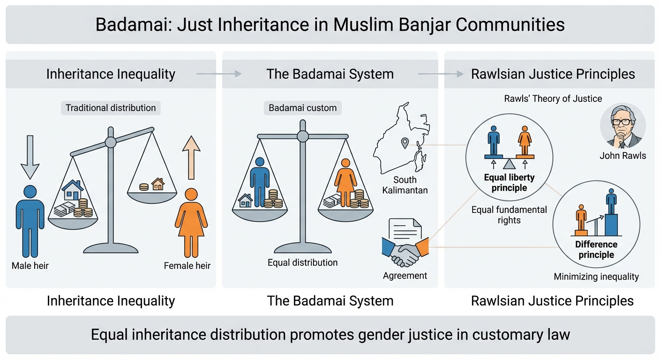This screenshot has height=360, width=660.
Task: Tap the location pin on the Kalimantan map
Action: coord(403,142)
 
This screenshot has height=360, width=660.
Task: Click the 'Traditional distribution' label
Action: coord(111,108)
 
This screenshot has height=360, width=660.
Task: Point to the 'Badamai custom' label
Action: coord(302,108)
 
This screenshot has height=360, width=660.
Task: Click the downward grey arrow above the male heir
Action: coord(30,157)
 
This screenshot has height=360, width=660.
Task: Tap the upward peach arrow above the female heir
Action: coord(191,157)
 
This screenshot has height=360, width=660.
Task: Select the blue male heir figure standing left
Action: coord(30,220)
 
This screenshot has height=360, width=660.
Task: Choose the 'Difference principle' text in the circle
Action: coord(596,250)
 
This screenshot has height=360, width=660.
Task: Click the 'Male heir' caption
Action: coord(30,266)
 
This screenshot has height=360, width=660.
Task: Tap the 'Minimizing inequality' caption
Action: coord(596,277)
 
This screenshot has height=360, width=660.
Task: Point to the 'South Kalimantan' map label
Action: coord(405,185)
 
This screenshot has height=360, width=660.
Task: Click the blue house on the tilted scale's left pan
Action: coord(73,190)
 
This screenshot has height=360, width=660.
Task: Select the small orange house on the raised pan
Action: coord(158,184)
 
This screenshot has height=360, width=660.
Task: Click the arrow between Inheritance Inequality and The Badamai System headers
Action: coord(218,74)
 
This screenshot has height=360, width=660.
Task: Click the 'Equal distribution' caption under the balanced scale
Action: coord(302,262)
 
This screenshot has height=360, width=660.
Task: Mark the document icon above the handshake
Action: coord(406,231)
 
